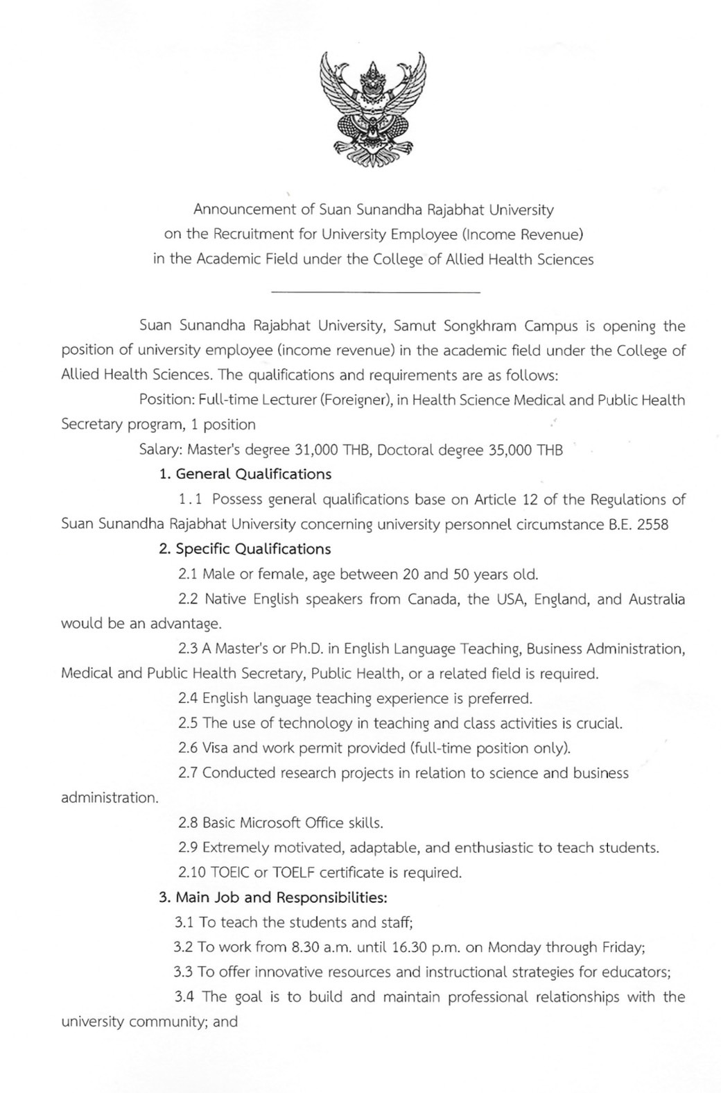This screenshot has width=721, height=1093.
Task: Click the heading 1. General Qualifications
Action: click(x=245, y=475)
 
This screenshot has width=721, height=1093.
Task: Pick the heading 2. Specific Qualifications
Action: click(x=245, y=549)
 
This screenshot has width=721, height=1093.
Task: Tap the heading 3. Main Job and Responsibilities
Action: click(x=272, y=897)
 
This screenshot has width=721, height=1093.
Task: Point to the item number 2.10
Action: click(x=191, y=872)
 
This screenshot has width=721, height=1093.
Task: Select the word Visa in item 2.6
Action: click(x=216, y=748)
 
